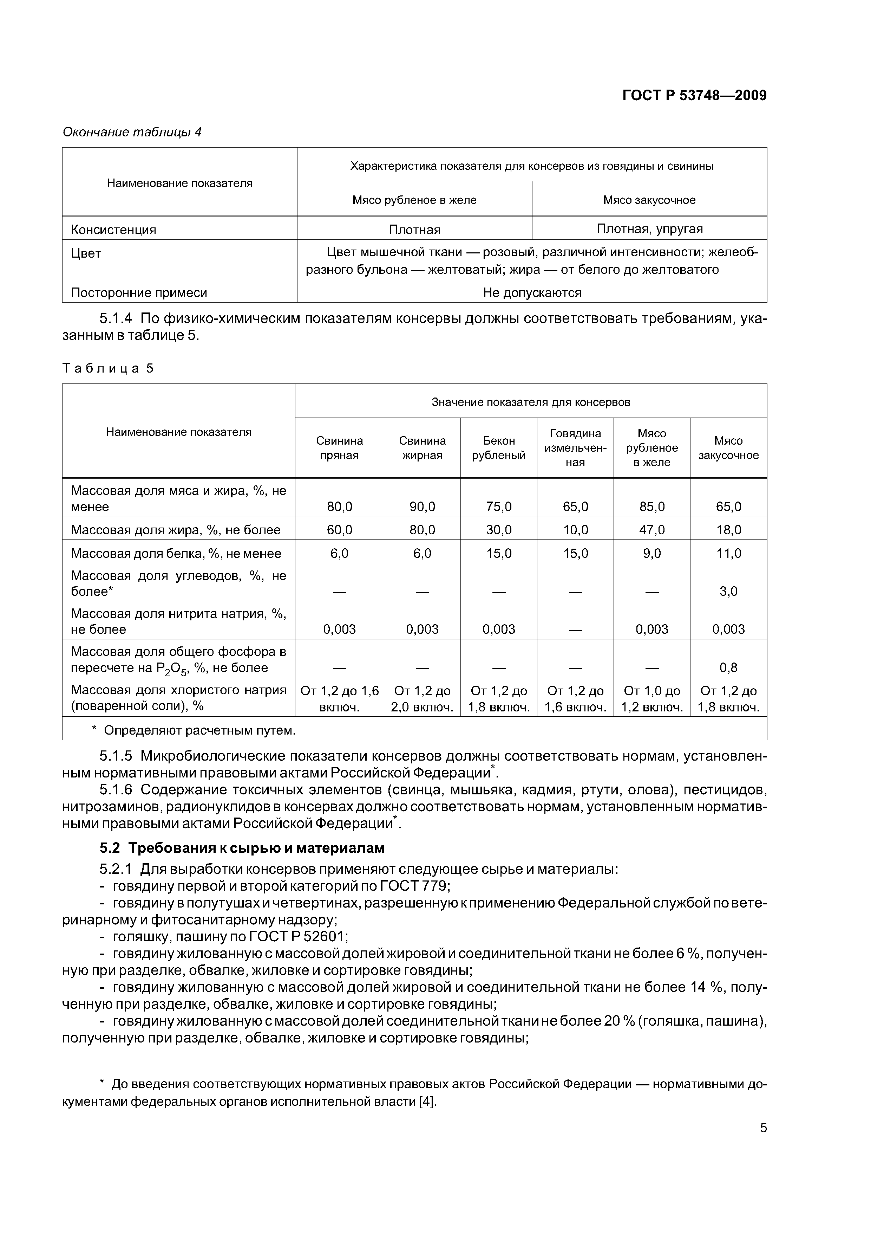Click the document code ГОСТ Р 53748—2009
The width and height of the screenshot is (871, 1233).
pyautogui.click(x=694, y=96)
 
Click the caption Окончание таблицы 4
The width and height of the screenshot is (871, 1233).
pyautogui.click(x=132, y=132)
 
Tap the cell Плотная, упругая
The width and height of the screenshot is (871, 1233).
pyautogui.click(x=649, y=229)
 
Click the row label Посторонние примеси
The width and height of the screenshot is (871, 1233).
pyautogui.click(x=139, y=293)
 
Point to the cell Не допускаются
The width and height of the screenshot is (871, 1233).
pyautogui.click(x=531, y=293)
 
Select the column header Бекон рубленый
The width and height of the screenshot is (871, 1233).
pyautogui.click(x=499, y=448)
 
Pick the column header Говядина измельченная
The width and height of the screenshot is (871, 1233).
pyautogui.click(x=575, y=448)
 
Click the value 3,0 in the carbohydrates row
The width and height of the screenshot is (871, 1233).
pyautogui.click(x=728, y=591)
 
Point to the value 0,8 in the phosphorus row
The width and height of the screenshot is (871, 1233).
pyautogui.click(x=728, y=667)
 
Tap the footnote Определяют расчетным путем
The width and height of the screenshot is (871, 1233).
pyautogui.click(x=199, y=730)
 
